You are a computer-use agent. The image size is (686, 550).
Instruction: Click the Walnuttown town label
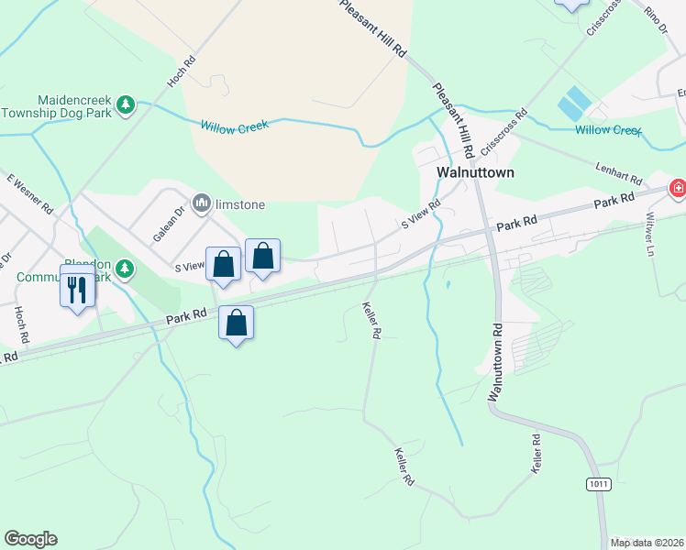click(x=475, y=172)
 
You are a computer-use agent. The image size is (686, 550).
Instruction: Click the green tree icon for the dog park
click(x=127, y=105)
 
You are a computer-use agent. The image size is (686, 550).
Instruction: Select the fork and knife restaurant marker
click(x=77, y=288)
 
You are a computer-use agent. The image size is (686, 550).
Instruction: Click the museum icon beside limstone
click(x=201, y=203)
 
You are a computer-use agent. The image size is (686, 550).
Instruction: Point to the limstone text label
click(x=240, y=203)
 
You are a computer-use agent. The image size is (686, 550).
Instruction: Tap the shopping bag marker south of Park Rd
click(x=236, y=324)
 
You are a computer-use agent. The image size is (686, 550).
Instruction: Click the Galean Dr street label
click(x=169, y=223)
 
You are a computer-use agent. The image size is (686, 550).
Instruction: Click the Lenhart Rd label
click(x=619, y=171)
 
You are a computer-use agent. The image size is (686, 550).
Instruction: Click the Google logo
click(x=30, y=539)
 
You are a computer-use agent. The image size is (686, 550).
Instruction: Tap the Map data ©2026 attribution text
click(x=647, y=543)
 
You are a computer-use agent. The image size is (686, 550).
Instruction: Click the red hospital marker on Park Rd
click(x=678, y=189)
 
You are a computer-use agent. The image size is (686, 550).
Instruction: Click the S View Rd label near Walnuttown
click(x=421, y=217)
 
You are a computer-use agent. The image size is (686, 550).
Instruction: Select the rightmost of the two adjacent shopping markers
click(x=262, y=258)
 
